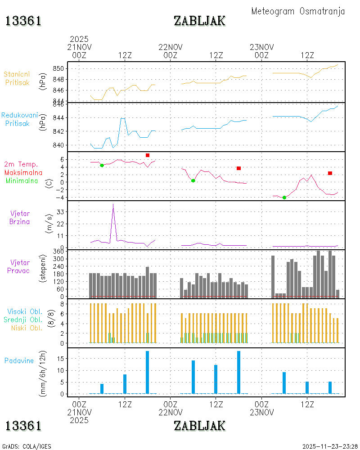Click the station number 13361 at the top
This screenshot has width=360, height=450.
click(23, 21)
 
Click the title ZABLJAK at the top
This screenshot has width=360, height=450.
click(199, 21)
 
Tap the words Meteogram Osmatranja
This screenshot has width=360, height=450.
click(298, 11)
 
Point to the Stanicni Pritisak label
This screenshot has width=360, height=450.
click(17, 78)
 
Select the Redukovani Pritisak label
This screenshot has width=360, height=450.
click(19, 119)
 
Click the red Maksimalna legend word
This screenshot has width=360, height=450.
click(23, 172)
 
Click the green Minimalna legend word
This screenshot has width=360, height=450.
click(22, 181)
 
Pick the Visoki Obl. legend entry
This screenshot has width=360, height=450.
click(25, 311)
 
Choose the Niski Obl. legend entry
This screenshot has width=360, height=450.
click(27, 328)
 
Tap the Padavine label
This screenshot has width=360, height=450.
click(19, 361)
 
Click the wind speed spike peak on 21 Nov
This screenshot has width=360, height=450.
click(113, 204)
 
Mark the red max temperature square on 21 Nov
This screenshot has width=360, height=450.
click(148, 155)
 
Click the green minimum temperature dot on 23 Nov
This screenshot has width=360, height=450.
click(284, 198)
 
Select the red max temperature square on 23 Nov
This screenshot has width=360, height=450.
click(330, 173)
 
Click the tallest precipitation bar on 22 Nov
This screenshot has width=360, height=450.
click(238, 372)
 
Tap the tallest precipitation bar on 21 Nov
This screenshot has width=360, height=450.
click(147, 372)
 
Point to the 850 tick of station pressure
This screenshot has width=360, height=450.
click(58, 68)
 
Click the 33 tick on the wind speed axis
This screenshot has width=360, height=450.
click(60, 212)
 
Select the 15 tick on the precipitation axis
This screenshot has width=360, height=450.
click(60, 359)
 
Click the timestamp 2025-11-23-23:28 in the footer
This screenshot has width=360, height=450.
click(330, 446)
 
